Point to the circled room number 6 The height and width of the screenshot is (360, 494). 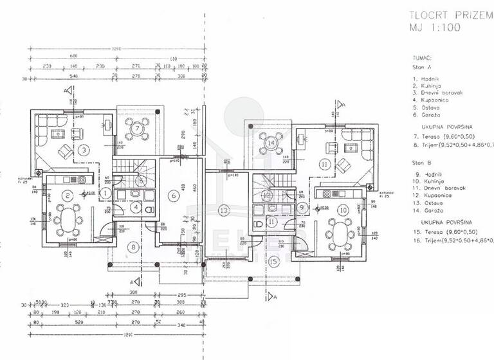click(172, 195)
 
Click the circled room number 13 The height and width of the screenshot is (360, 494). click(223, 210)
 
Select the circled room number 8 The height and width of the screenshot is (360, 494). click(133, 246)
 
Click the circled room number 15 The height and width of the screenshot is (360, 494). click(273, 261)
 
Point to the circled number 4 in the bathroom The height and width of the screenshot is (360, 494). click(136, 207)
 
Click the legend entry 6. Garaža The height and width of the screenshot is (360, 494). click(429, 116)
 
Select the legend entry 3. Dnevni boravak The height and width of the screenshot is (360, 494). click(439, 93)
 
